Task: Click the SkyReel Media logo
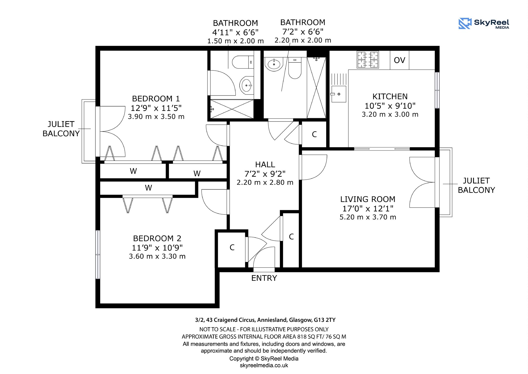click(484, 23)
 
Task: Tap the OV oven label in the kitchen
click(399, 60)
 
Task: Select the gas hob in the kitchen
click(368, 60)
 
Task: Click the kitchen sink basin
click(339, 94)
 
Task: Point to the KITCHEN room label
click(390, 97)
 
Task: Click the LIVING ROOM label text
click(368, 199)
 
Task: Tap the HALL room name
click(265, 165)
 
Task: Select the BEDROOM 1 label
click(156, 99)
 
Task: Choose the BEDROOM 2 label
click(157, 238)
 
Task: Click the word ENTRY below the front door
click(264, 278)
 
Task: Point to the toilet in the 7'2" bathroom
click(295, 68)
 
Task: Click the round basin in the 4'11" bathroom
click(246, 85)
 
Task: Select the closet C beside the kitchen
click(314, 134)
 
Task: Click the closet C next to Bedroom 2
click(232, 248)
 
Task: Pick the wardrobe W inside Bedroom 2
click(148, 188)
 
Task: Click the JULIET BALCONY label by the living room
click(476, 185)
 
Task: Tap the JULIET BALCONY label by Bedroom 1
click(61, 129)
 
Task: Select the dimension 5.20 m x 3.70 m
click(368, 217)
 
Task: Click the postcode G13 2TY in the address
click(325, 320)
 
